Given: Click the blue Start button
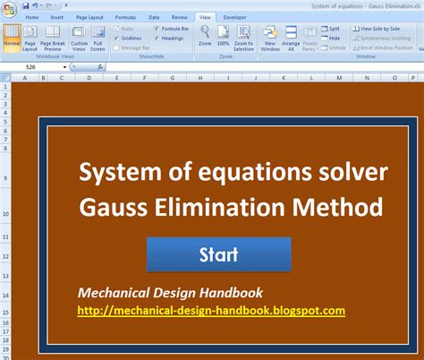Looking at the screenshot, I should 218,253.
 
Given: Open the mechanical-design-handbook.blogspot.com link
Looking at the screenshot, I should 211,311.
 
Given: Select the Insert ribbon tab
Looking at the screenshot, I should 57,17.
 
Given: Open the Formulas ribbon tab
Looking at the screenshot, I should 126,17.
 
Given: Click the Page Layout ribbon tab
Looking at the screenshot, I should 89,17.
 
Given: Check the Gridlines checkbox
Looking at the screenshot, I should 116,39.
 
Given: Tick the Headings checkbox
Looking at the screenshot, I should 157,39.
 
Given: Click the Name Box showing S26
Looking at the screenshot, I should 31,66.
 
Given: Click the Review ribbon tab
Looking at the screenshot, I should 178,17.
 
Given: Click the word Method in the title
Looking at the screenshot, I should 340,209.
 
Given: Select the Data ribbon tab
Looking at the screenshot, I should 154,17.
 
